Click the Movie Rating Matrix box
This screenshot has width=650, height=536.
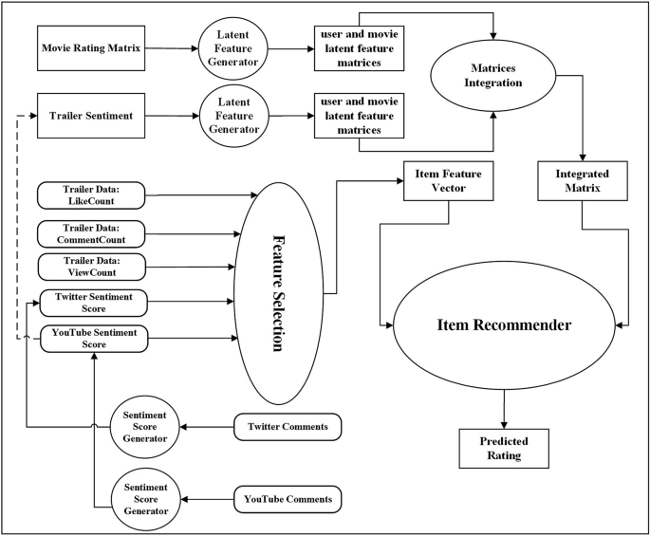click(x=90, y=48)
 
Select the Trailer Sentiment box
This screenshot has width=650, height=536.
click(x=90, y=115)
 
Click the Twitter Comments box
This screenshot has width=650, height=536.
click(x=287, y=427)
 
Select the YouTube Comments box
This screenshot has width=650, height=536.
click(x=287, y=498)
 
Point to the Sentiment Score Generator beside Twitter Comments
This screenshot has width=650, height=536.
click(x=144, y=427)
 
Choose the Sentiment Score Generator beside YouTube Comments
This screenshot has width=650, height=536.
click(x=144, y=498)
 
